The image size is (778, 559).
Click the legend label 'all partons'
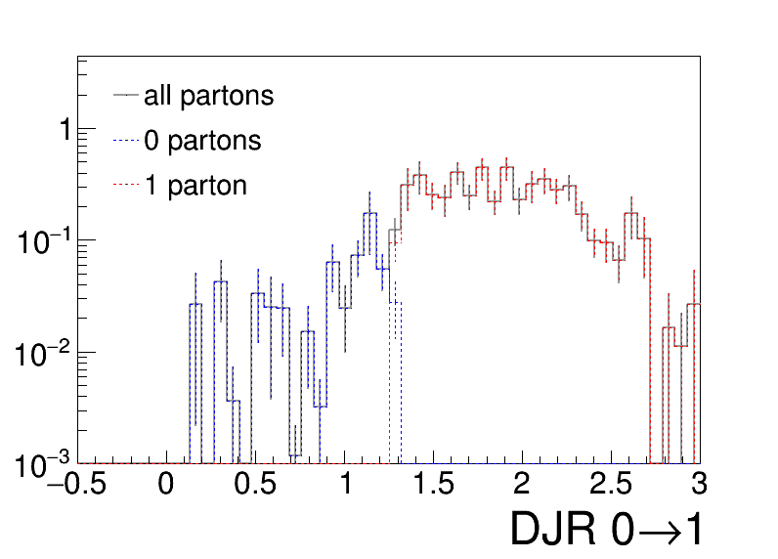208,96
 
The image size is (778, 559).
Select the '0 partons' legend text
202,141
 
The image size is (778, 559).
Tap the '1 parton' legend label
195,186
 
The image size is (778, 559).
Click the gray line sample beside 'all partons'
125,95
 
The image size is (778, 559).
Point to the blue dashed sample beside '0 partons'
125,141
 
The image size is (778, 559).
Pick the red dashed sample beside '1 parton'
125,185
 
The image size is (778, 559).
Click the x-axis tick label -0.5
77,483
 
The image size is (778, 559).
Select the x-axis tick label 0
166,483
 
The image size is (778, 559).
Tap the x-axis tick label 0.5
255,483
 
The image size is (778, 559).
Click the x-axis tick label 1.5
433,483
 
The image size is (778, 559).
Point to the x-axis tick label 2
522,483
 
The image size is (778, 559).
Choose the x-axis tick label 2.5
611,483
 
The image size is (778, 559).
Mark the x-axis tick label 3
700,483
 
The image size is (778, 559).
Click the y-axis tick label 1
66,130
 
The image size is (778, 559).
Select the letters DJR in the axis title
553,529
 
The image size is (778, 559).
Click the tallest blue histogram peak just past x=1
370,213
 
